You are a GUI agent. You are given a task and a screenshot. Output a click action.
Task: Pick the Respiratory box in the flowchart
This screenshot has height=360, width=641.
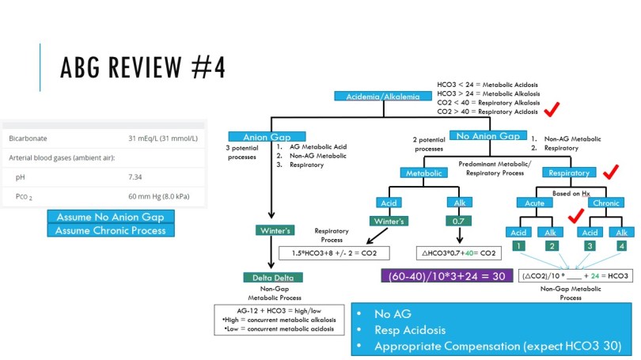pyautogui.click(x=569, y=172)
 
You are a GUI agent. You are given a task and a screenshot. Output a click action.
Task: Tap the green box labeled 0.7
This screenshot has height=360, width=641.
pyautogui.click(x=458, y=222)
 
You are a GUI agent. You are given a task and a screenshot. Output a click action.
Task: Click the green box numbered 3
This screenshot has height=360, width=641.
pyautogui.click(x=588, y=247)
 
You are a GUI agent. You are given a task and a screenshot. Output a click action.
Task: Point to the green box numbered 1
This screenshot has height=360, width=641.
pyautogui.click(x=518, y=247)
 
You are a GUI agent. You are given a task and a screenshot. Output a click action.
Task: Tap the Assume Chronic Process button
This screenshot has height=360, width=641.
pyautogui.click(x=111, y=230)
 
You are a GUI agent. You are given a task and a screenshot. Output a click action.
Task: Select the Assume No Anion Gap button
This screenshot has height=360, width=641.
pyautogui.click(x=111, y=217)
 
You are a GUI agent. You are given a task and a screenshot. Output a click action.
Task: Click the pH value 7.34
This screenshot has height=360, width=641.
pyautogui.click(x=135, y=177)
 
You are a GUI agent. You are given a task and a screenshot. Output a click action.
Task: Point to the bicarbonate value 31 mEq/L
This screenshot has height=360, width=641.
pyautogui.click(x=162, y=138)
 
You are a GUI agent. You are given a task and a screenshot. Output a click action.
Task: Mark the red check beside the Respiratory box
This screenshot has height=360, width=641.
pyautogui.click(x=610, y=172)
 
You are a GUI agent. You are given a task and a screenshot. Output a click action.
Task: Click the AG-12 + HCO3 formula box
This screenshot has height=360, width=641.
pyautogui.click(x=279, y=318)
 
